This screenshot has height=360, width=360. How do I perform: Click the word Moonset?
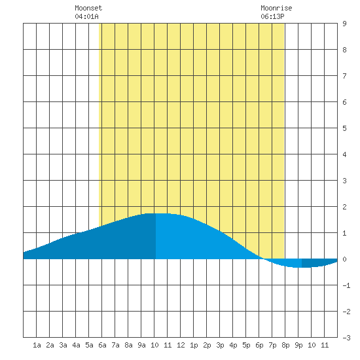[x=88, y=8]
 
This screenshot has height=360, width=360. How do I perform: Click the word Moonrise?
[x=276, y=8]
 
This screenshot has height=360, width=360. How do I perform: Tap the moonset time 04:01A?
[x=86, y=16]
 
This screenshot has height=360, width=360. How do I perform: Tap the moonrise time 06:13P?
[x=272, y=16]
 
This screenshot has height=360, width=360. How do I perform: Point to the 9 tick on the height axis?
[x=344, y=24]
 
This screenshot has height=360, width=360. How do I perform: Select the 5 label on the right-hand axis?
[x=344, y=128]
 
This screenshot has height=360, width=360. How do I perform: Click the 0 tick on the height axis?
[x=344, y=259]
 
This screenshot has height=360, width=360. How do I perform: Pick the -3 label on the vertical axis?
[x=346, y=338]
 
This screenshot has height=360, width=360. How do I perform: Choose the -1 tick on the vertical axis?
[x=346, y=285]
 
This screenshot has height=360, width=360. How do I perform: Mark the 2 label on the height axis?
[x=344, y=207]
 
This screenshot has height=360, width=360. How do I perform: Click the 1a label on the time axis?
[x=37, y=345]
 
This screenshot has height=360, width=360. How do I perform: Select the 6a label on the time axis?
[x=102, y=345]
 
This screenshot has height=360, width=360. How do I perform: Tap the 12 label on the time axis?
[x=181, y=345]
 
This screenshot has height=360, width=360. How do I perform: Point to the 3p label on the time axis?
[x=220, y=345]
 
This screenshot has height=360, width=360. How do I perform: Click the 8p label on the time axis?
[x=285, y=345]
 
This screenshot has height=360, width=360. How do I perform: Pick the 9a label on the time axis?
[x=141, y=345]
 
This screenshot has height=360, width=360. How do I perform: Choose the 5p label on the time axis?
[x=246, y=345]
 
